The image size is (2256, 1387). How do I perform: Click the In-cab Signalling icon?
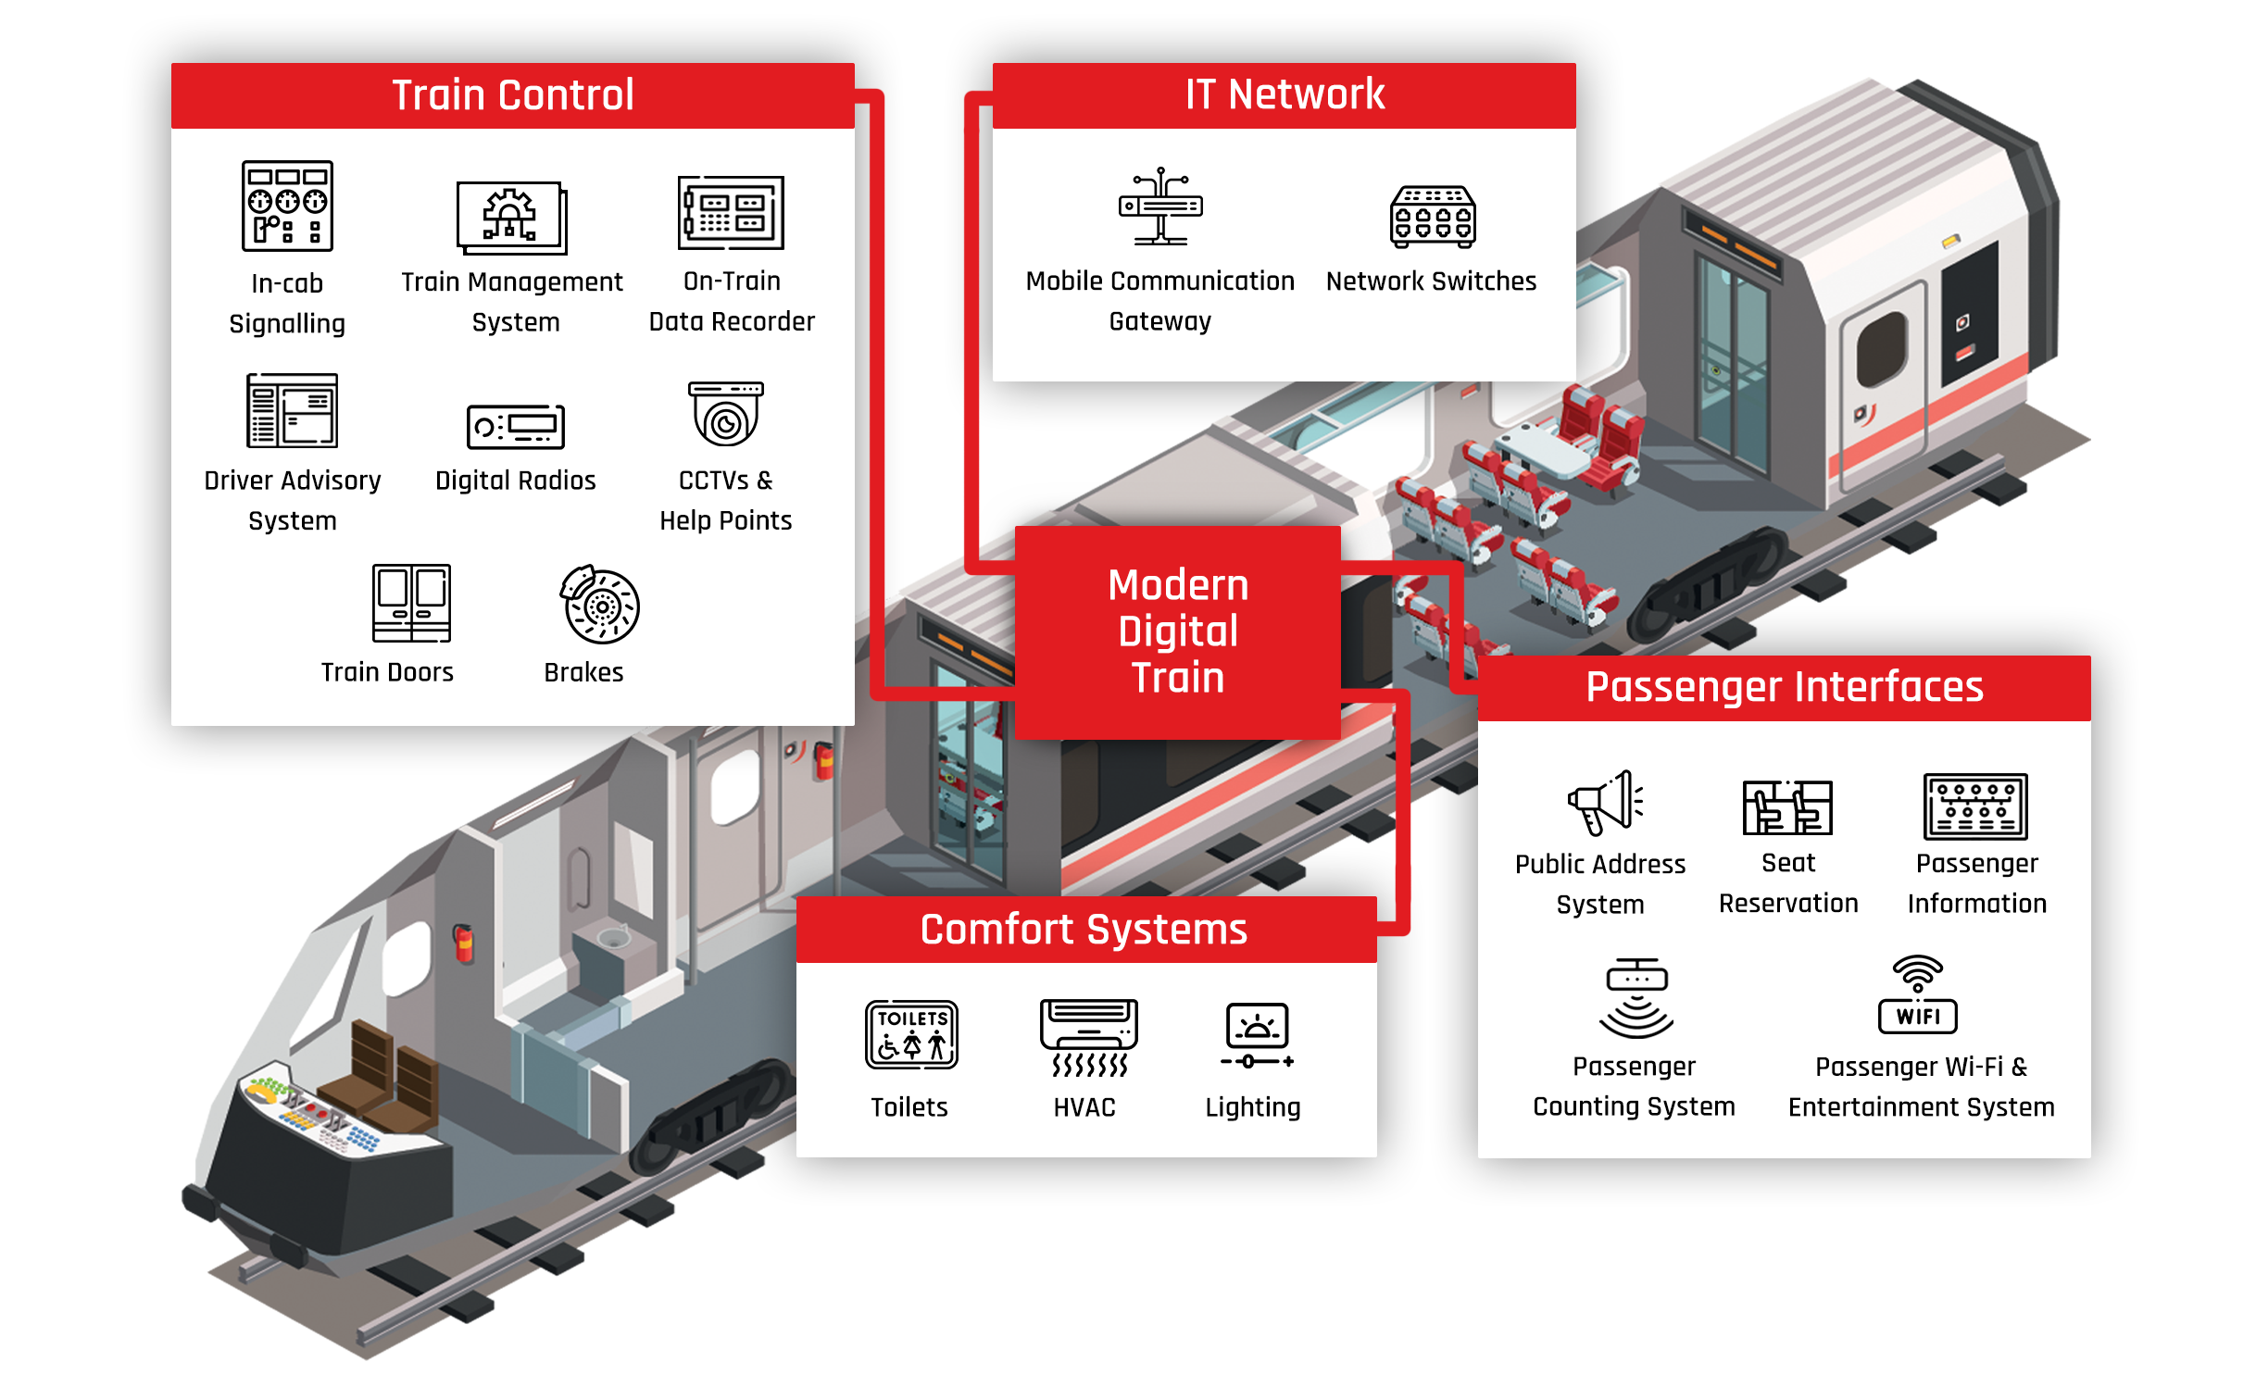point(287,206)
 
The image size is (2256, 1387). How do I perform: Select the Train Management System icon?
point(511,218)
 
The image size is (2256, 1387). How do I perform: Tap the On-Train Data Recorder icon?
point(731,213)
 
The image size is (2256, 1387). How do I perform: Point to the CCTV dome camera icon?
point(726,414)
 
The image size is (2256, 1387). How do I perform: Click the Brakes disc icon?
point(600,605)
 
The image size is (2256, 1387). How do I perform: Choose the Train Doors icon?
point(411,603)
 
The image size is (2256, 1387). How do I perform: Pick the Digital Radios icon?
point(516,427)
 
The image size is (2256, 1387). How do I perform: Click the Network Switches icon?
point(1432,218)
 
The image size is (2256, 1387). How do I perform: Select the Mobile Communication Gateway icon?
point(1160,206)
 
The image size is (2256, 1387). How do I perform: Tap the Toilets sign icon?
point(911,1034)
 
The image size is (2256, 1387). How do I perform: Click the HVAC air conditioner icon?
point(1088,1037)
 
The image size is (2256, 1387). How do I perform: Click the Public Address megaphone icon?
point(1604,802)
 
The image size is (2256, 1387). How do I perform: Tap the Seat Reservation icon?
point(1787,806)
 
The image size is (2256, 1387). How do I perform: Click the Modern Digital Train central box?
point(1177,631)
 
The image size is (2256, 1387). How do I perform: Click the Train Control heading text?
point(512,95)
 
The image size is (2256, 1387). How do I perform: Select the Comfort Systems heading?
point(1084,930)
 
